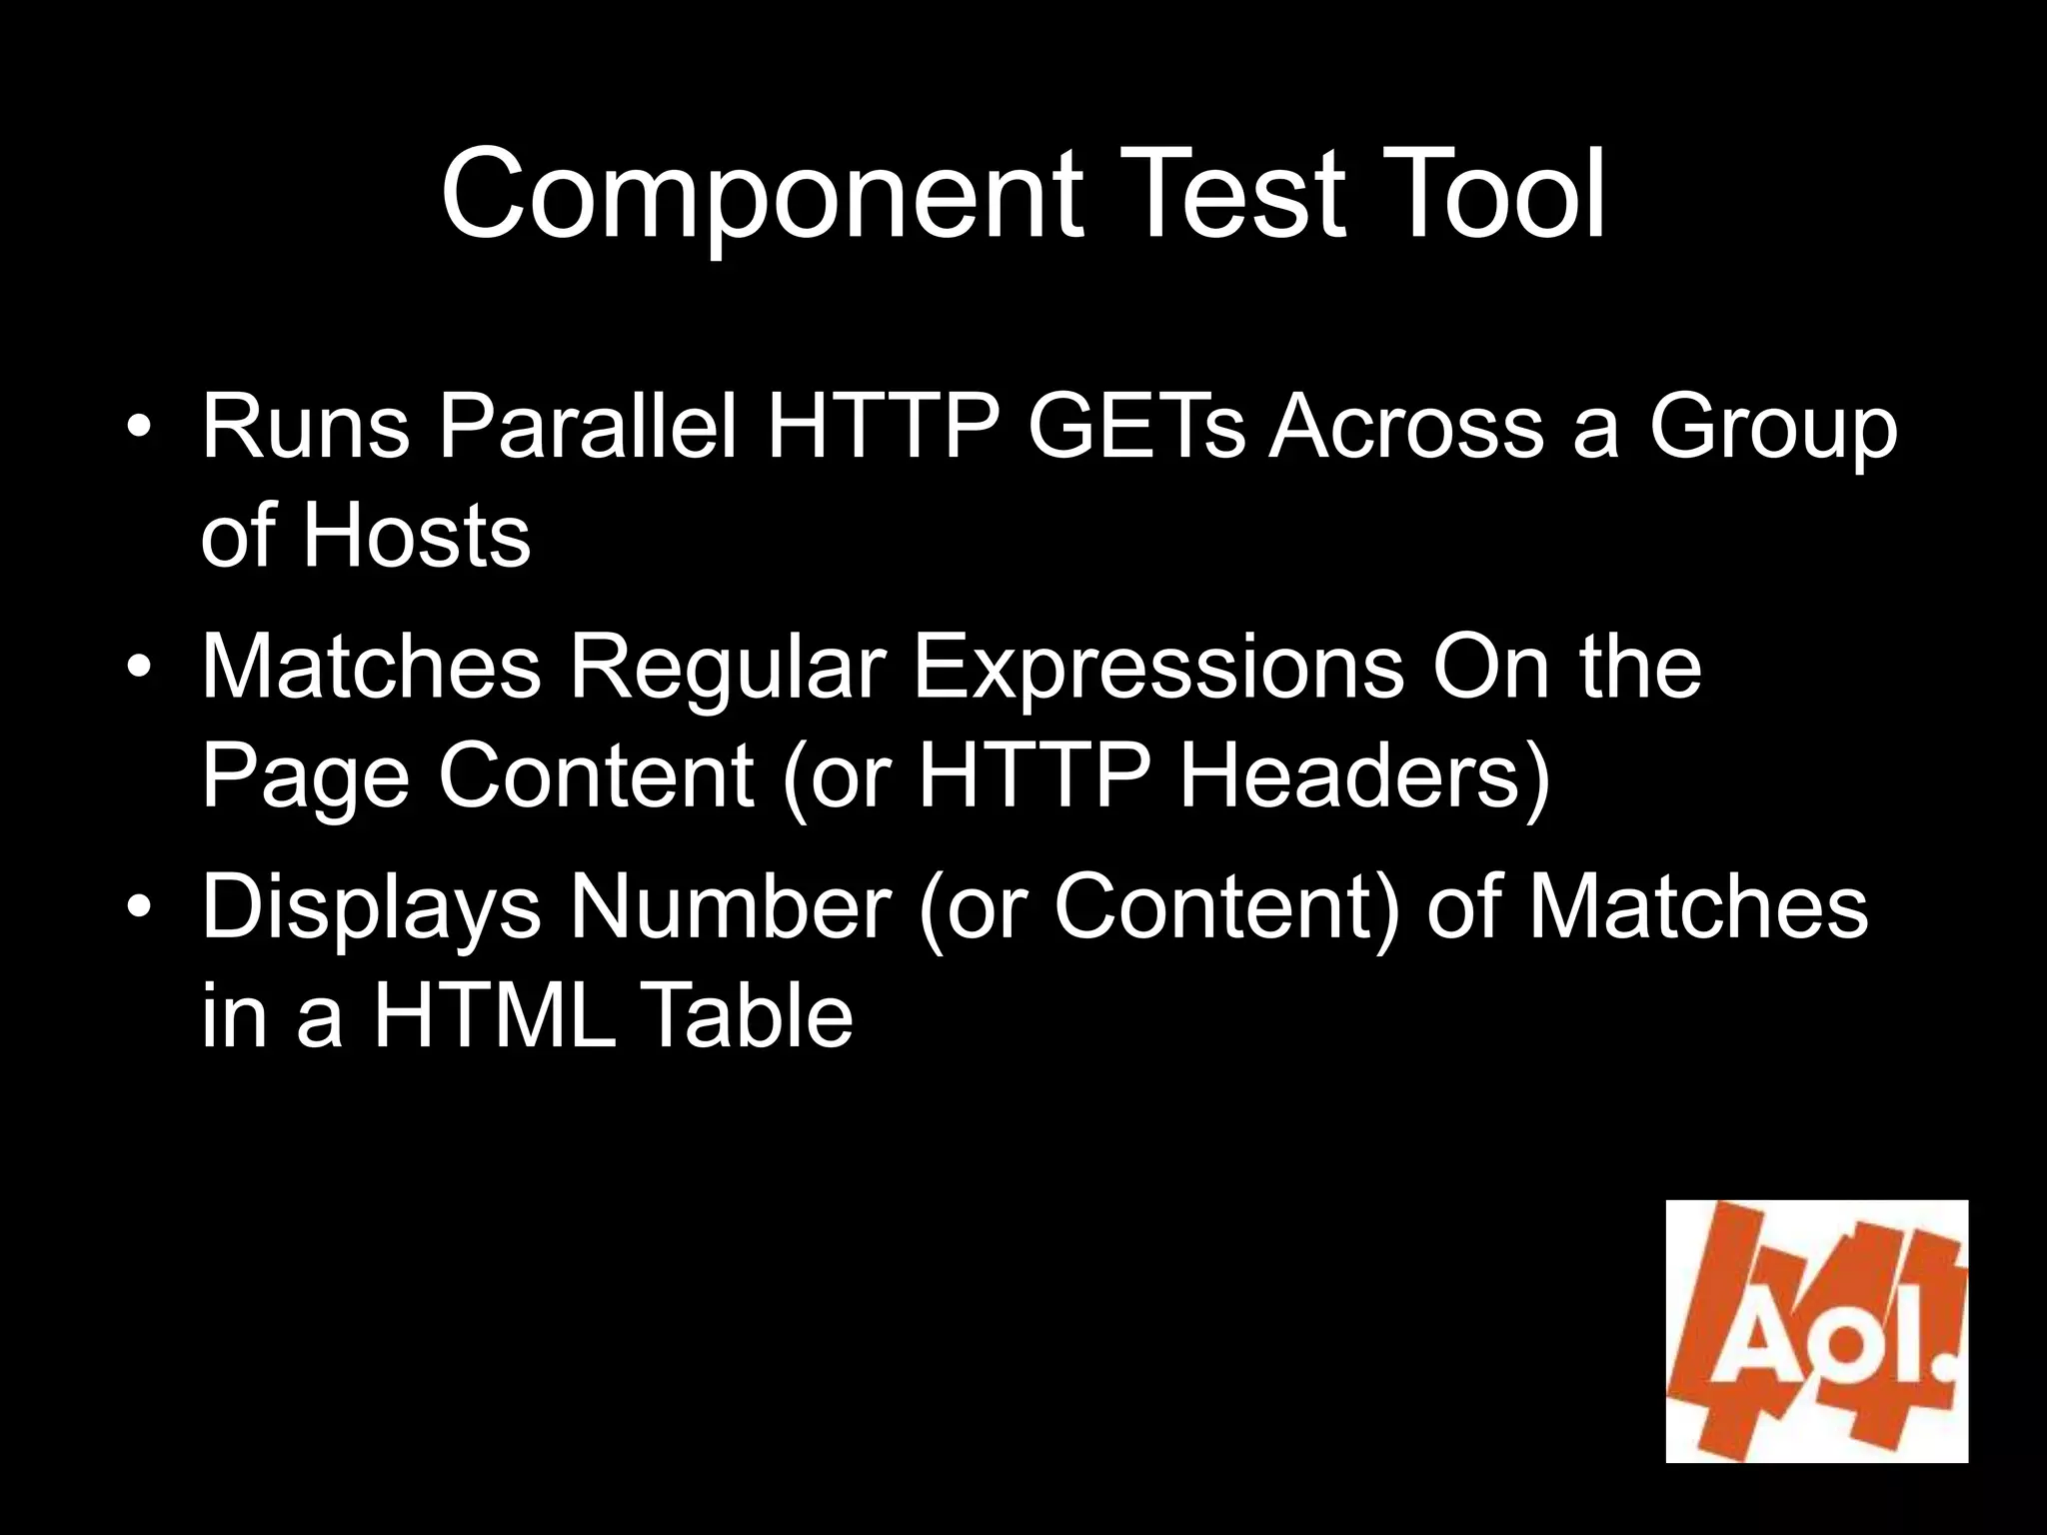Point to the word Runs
(306, 427)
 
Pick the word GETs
(1136, 427)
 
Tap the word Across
(1406, 427)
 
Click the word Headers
(1364, 777)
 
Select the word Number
(730, 906)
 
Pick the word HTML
(494, 1015)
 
